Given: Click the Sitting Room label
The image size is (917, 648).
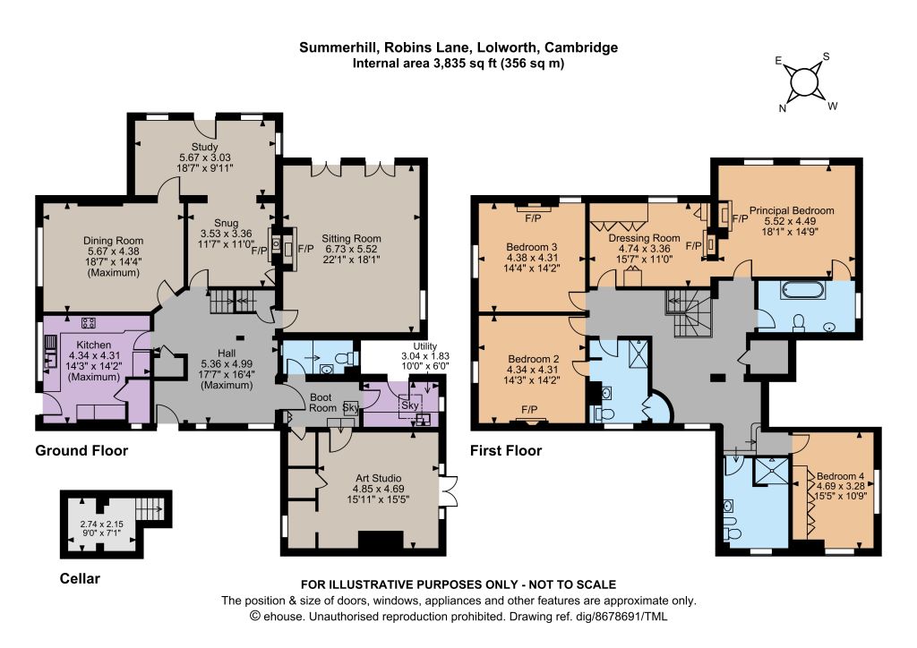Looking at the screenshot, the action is (351, 238).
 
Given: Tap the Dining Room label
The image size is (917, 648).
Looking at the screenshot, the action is (113, 241).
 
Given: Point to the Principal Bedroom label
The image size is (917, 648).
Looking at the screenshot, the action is (792, 210).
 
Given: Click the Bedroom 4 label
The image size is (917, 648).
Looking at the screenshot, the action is (840, 476).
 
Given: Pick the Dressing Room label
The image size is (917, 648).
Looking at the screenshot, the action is (644, 238).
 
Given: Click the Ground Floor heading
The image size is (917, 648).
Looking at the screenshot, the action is (81, 450).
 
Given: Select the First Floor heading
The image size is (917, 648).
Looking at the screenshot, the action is (506, 450).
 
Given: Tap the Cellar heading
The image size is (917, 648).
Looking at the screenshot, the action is (80, 578).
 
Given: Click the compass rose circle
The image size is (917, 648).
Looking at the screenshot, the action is (804, 81).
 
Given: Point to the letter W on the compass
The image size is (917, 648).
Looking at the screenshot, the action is (833, 107).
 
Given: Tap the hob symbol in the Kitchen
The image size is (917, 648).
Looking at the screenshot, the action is (89, 322).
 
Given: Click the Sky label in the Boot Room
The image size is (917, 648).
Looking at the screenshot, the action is (350, 407).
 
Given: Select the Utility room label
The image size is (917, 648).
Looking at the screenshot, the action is (425, 346).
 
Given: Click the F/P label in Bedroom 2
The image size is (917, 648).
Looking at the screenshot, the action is (530, 410).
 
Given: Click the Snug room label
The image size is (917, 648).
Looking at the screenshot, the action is (226, 223).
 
